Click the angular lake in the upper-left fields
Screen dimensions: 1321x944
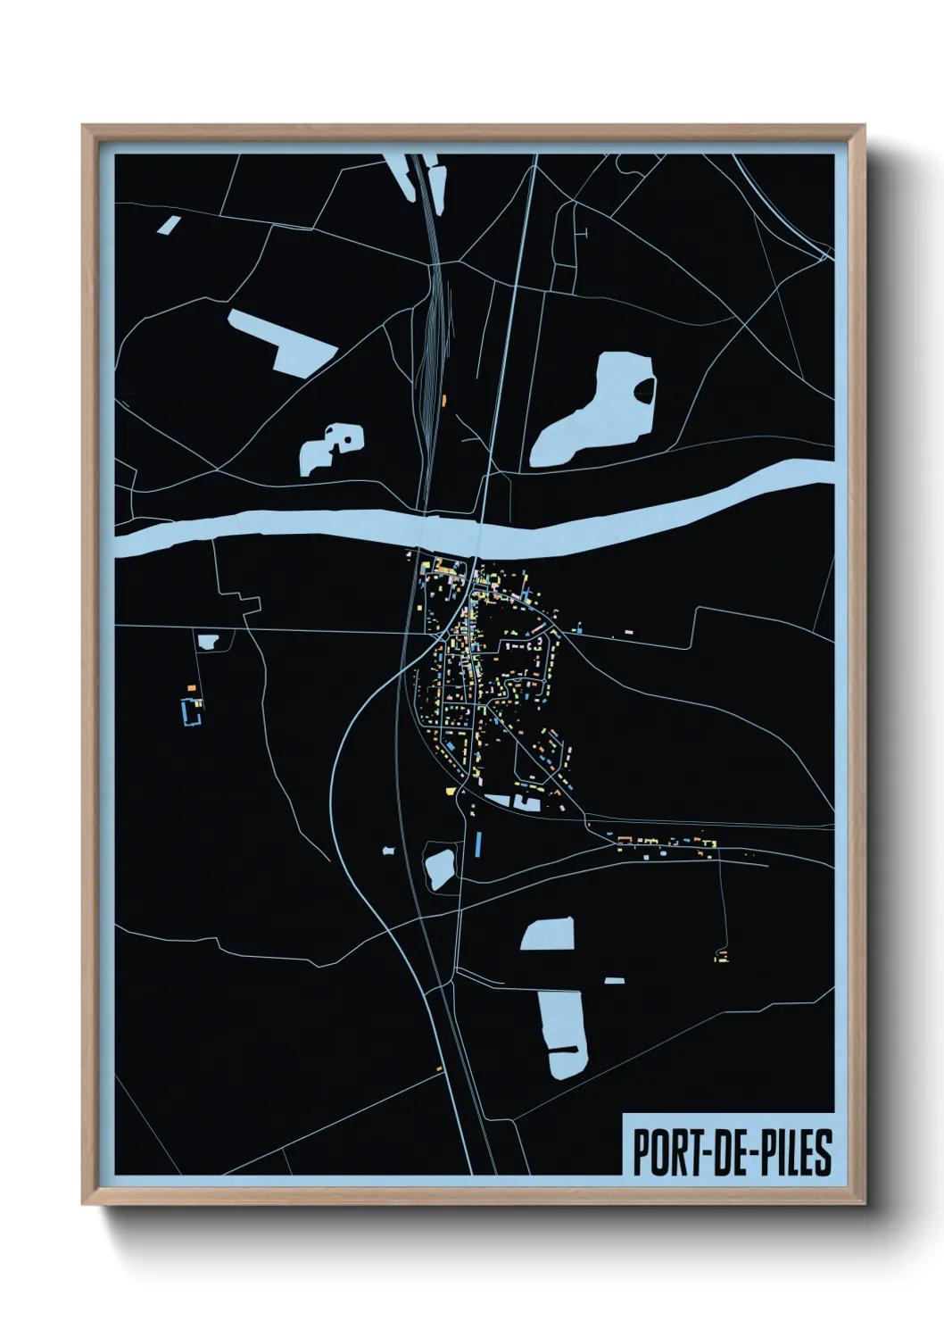[x=284, y=341]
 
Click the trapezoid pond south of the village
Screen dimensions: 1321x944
[x=548, y=935]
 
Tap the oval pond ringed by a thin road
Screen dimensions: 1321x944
[x=441, y=868]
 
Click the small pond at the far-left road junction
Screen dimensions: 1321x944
[x=209, y=641]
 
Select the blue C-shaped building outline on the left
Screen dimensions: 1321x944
[x=189, y=712]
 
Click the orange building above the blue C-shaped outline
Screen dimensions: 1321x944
[x=191, y=687]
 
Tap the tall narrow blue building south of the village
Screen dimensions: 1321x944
[x=478, y=843]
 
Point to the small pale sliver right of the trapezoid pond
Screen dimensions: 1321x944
[x=614, y=981]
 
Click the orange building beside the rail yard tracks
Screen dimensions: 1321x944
[x=443, y=401]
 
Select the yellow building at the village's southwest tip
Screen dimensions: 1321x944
[x=450, y=791]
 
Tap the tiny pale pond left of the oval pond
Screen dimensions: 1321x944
[x=388, y=851]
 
